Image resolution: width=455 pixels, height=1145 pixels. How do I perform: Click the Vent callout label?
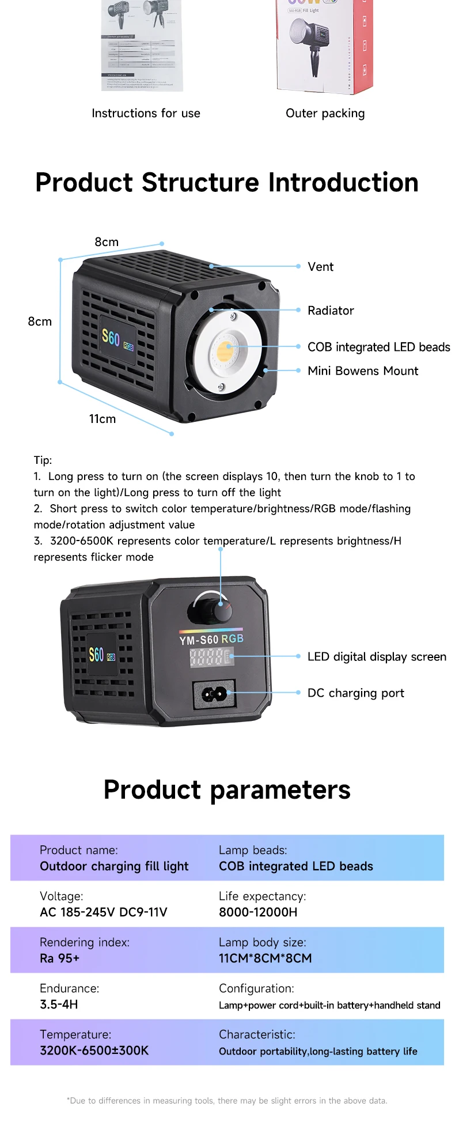click(x=320, y=267)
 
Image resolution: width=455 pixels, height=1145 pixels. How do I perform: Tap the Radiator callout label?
click(x=331, y=311)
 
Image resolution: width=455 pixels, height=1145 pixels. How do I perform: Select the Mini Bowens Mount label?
click(x=363, y=371)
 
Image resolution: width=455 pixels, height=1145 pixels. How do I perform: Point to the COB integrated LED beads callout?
click(x=378, y=347)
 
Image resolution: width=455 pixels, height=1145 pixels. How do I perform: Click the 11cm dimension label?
click(x=103, y=419)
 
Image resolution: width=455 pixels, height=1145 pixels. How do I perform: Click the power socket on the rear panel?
click(x=214, y=694)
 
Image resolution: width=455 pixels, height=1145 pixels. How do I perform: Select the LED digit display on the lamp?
click(x=211, y=657)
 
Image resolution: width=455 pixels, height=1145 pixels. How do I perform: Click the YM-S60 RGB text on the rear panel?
click(x=211, y=639)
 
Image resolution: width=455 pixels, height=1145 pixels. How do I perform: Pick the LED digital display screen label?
click(x=377, y=657)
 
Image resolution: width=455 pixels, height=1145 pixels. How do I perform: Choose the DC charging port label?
click(x=355, y=693)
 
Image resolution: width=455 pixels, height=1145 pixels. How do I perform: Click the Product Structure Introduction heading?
click(x=227, y=183)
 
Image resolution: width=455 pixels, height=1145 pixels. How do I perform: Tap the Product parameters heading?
click(x=227, y=789)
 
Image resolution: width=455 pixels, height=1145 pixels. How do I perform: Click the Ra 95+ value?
click(x=60, y=958)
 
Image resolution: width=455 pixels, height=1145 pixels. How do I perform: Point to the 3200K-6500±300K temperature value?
click(x=94, y=1050)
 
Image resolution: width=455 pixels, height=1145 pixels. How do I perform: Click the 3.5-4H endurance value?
click(x=59, y=1004)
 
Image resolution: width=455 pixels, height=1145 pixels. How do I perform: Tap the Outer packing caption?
click(x=325, y=114)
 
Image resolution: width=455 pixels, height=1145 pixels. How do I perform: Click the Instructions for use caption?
click(x=146, y=114)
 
